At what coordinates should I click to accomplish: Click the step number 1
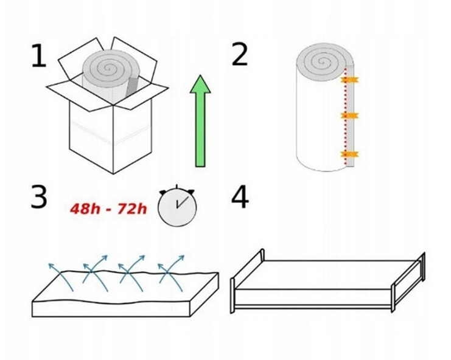[39, 56]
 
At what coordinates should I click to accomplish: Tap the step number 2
[239, 54]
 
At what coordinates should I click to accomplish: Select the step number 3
[39, 197]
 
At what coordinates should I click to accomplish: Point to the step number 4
[240, 198]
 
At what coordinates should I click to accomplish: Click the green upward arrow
[200, 121]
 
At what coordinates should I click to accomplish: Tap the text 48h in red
[85, 209]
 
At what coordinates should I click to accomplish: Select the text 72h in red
[132, 209]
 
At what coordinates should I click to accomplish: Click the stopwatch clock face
[177, 207]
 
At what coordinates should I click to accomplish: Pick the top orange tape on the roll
[349, 80]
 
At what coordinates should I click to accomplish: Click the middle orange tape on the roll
[349, 116]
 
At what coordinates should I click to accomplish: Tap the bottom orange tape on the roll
[349, 154]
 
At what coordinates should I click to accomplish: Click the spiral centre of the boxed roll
[108, 68]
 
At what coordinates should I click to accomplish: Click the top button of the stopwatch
[177, 187]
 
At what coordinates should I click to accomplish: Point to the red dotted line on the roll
[345, 117]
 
